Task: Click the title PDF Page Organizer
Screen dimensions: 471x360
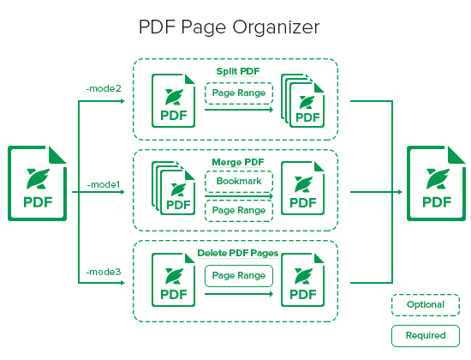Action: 230,27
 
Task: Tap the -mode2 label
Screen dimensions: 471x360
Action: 104,88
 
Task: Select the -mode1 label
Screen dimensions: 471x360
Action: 104,184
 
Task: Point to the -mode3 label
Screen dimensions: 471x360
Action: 104,272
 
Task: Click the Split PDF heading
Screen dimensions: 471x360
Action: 238,72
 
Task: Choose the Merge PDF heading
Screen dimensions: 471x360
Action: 238,162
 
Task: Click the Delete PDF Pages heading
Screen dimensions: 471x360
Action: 238,253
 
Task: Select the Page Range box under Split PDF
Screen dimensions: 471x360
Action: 239,93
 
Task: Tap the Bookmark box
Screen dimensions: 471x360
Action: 239,181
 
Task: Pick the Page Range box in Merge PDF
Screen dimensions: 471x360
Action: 239,211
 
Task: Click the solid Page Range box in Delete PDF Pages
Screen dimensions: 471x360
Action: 239,276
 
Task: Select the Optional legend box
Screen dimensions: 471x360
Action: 426,305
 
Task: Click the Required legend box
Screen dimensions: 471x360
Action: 426,336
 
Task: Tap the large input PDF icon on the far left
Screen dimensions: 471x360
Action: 37,183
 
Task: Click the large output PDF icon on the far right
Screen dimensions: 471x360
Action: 436,183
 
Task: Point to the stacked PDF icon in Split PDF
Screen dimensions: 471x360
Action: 303,100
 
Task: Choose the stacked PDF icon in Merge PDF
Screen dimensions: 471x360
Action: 174,189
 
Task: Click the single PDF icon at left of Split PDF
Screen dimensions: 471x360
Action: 174,100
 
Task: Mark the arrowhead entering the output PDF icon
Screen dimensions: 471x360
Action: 400,192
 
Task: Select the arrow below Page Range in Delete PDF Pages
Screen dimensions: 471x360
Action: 239,294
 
